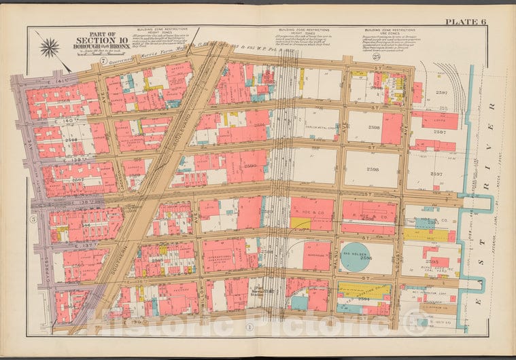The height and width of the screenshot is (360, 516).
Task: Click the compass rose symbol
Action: [x=49, y=48]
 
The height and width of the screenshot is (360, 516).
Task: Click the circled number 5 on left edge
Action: [x=32, y=219]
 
